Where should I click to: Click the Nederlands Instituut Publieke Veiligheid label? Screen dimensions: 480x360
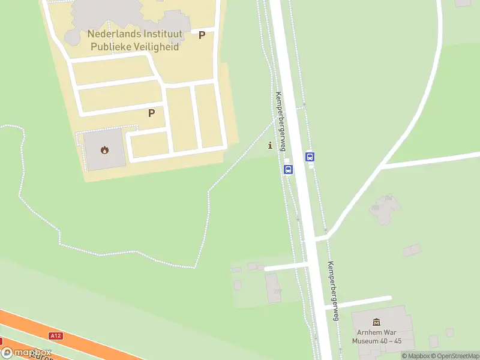point(133,40)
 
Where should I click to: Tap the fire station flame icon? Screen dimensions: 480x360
point(105,149)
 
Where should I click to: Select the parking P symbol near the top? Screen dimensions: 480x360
point(202,35)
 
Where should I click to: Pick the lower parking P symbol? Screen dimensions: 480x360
point(151,113)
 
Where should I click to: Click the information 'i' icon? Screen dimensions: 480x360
point(270,145)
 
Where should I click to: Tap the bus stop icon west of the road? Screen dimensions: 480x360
point(288,170)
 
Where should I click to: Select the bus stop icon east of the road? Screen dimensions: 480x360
point(310,157)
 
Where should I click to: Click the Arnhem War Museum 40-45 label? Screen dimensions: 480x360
point(377,337)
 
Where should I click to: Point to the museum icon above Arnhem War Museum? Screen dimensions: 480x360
point(377,323)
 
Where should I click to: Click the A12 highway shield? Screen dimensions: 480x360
point(56,336)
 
